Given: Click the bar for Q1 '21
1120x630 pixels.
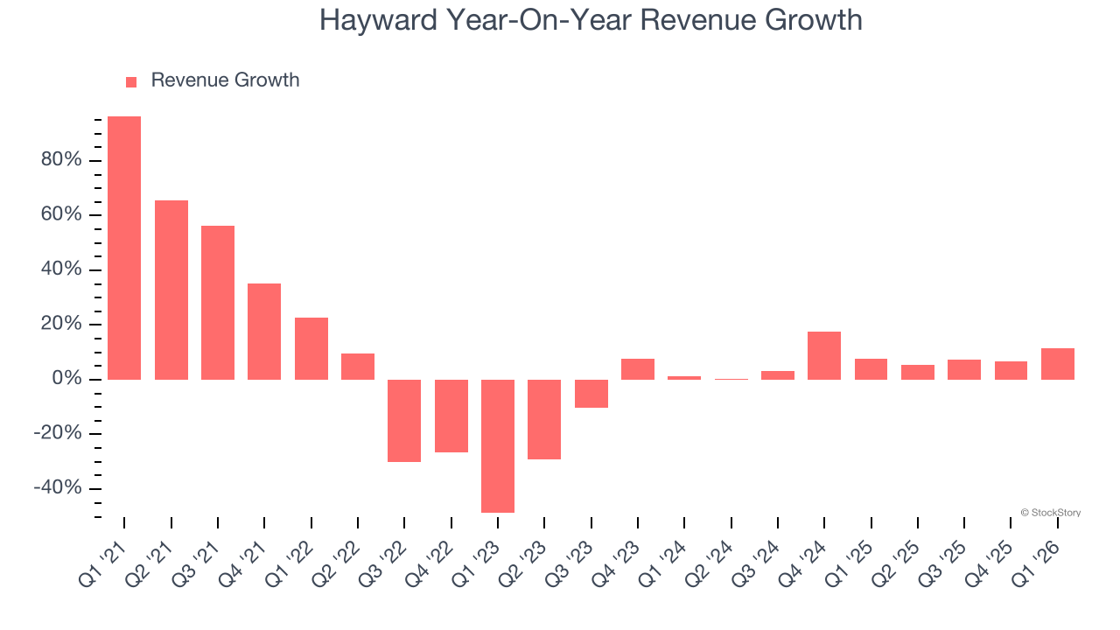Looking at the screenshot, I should tap(124, 248).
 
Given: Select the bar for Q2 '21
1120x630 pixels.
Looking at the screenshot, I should tap(171, 290).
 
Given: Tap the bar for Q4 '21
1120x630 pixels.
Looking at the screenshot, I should tap(264, 331).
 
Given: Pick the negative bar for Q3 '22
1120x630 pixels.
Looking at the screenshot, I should tap(404, 420).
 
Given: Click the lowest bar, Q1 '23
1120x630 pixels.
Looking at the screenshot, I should tap(498, 445).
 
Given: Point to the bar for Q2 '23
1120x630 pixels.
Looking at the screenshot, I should tap(544, 419).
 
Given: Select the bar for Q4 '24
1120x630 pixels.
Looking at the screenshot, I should tap(824, 355).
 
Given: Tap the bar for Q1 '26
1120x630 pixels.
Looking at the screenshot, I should tap(1058, 363).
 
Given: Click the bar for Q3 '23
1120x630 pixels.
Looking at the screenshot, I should tap(591, 394).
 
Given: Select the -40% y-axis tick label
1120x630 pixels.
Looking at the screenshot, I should tap(57, 488).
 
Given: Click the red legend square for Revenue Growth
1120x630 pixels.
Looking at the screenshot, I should tap(131, 81).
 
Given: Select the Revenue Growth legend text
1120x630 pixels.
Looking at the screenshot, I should tap(225, 80).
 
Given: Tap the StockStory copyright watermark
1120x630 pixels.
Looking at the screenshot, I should tap(1050, 513).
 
